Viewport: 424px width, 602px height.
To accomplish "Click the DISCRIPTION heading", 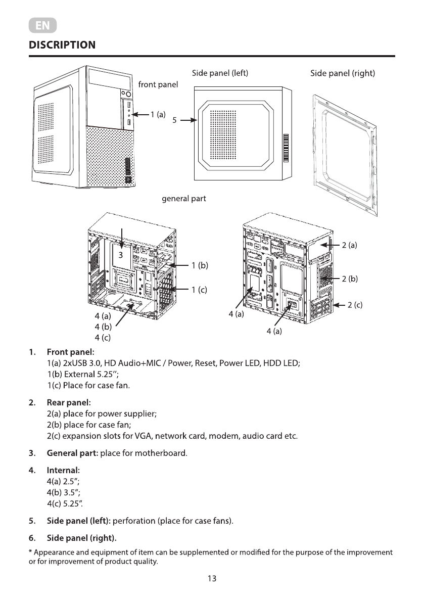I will pos(62,45).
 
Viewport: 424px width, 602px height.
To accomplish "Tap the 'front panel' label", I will pos(158,84).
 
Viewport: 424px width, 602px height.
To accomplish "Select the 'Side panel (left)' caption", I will pos(220,73).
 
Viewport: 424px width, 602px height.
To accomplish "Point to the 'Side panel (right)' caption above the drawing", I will pos(342,74).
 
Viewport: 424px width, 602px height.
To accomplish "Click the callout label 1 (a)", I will pos(158,115).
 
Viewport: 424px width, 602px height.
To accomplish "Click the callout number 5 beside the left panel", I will pos(174,121).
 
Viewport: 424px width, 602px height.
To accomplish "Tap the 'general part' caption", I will pos(183,199).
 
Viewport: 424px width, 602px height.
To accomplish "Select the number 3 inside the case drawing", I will pos(121,255).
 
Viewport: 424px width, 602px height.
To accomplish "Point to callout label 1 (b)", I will pos(200,265).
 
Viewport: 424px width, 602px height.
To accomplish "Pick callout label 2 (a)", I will pos(349,245).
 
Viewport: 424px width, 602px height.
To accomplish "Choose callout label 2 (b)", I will pos(350,279).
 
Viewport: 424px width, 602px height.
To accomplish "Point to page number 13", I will pos(212,579).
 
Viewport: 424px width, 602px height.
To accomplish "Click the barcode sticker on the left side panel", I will pos(286,148).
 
